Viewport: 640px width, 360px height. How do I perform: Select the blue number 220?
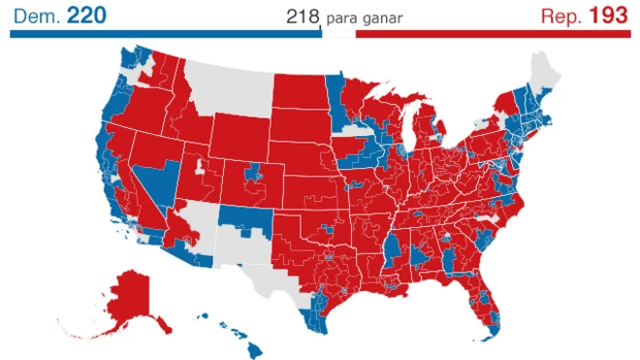(86, 15)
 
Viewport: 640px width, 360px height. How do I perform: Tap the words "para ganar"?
(365, 18)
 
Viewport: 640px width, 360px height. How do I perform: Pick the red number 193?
(609, 15)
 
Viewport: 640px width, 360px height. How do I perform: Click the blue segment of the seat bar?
(165, 33)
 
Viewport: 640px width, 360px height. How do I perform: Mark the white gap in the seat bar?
(338, 33)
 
